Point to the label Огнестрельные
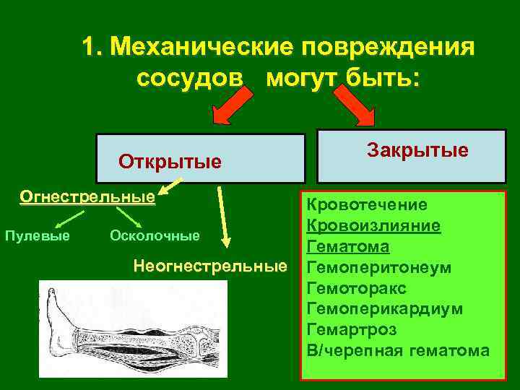point(87,196)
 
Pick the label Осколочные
point(154,235)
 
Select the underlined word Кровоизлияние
point(373,226)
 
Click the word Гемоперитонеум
point(379,268)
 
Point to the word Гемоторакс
point(357,288)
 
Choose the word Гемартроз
point(352,330)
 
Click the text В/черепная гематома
point(398,351)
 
